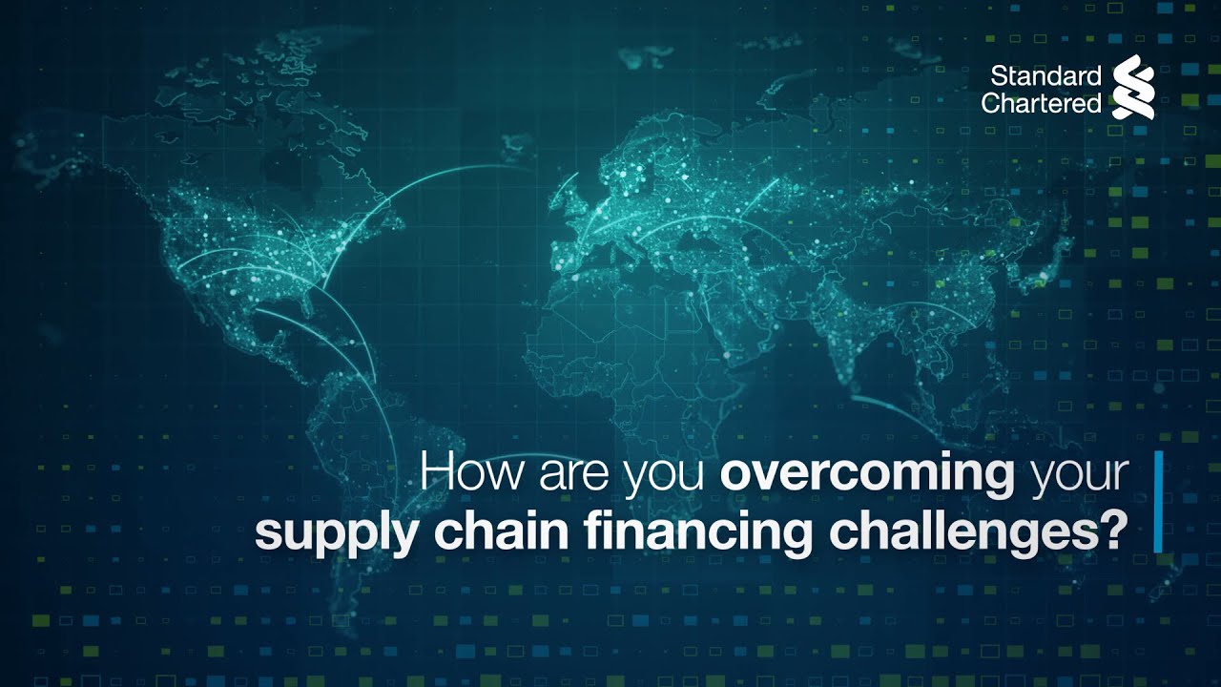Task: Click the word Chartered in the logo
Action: [1041, 103]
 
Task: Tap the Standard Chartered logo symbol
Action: [1133, 87]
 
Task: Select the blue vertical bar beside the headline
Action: [1158, 502]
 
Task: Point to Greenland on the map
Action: [458, 86]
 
